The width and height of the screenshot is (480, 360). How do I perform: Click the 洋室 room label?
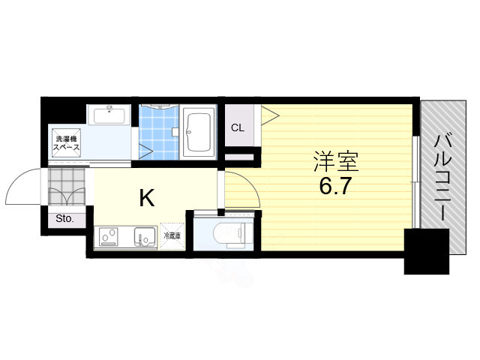(x=335, y=161)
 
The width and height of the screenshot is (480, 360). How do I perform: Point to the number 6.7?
(x=335, y=185)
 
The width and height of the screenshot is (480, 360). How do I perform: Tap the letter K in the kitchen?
(x=146, y=198)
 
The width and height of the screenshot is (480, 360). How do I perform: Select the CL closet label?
(x=237, y=127)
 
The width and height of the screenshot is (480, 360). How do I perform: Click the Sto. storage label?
(x=64, y=220)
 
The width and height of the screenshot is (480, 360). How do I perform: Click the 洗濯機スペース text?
(x=66, y=142)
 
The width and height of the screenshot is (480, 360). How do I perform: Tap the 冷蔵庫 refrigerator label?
(x=172, y=236)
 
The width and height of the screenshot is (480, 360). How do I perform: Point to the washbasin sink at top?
(x=109, y=115)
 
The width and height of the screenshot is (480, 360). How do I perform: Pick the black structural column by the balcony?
(x=426, y=252)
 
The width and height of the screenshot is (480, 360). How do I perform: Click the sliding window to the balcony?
(x=415, y=180)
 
